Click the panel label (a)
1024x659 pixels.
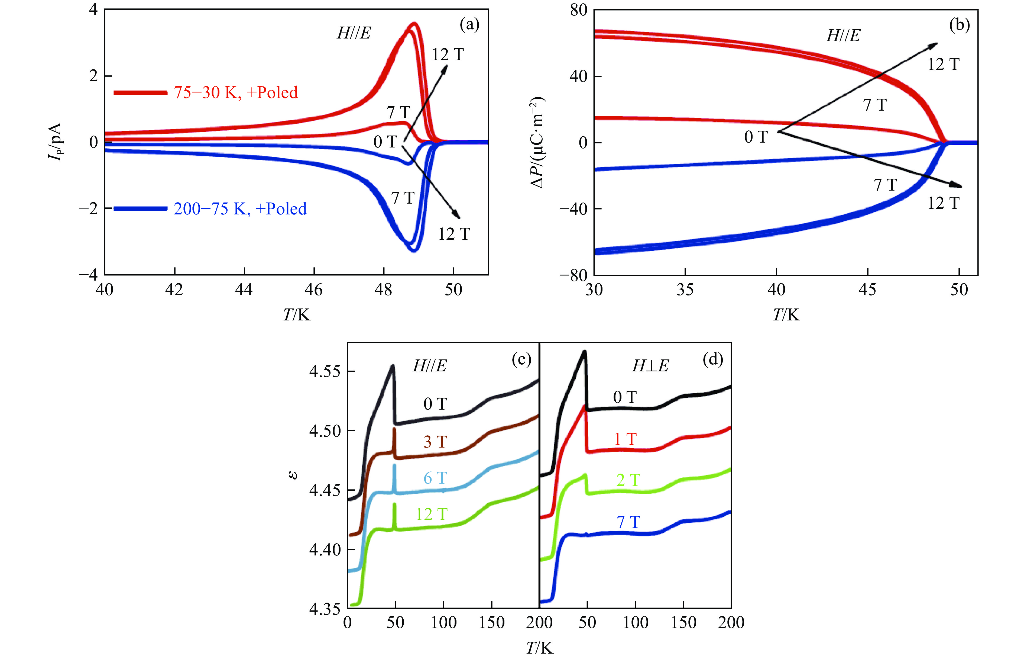[469, 25]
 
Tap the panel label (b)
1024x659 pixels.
[959, 25]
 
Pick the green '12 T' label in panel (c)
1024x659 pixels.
[431, 514]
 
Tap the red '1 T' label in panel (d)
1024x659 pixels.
[625, 439]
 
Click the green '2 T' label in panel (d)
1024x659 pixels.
[628, 480]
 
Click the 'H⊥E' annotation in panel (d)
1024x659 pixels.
[650, 366]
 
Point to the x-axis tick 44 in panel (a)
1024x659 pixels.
[244, 290]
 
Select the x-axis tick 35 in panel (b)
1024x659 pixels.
[685, 290]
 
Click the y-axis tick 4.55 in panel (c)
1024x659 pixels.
[325, 371]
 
